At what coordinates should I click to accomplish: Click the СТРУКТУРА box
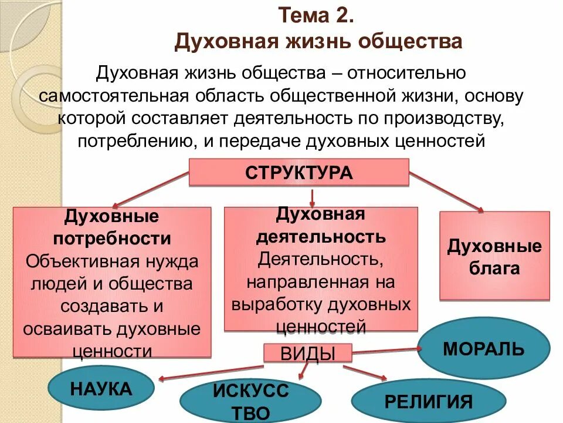(x=299, y=173)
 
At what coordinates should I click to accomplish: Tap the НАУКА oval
(x=101, y=388)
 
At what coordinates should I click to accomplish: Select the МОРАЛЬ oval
(x=484, y=348)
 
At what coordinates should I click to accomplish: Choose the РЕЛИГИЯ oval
(x=429, y=402)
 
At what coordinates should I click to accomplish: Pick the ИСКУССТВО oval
(x=250, y=401)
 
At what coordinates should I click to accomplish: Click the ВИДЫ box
(x=308, y=353)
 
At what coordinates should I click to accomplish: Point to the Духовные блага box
(x=494, y=256)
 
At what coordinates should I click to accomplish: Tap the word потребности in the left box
(x=112, y=239)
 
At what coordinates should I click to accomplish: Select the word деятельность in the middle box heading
(x=321, y=237)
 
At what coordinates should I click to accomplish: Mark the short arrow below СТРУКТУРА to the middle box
(x=313, y=196)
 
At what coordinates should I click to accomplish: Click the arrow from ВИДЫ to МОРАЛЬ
(x=386, y=351)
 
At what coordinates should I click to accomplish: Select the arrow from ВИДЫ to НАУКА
(x=211, y=373)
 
